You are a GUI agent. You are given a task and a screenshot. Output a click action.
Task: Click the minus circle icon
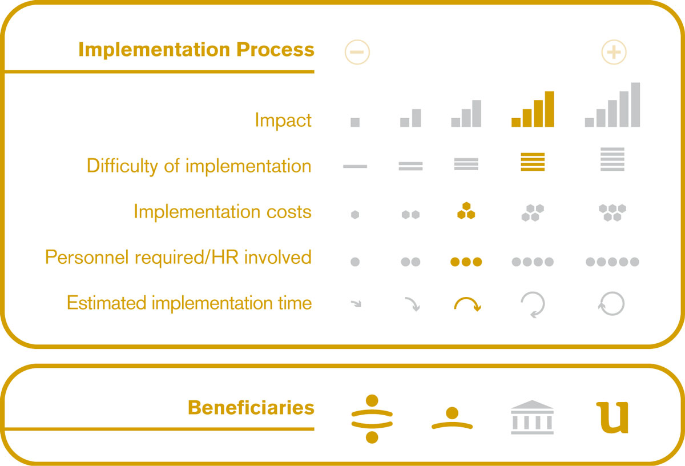click(357, 52)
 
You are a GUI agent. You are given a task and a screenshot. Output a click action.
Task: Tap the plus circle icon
click(614, 52)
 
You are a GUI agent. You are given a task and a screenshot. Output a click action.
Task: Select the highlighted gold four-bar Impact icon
click(533, 109)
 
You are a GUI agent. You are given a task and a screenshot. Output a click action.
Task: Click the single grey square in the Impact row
click(355, 122)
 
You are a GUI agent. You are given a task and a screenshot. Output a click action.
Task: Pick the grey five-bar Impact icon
click(612, 105)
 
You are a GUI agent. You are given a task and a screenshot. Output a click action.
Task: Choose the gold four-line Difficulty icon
click(533, 162)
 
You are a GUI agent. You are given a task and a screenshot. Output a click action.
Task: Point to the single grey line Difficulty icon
click(355, 166)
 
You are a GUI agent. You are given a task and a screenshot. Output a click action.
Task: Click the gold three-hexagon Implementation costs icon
click(466, 211)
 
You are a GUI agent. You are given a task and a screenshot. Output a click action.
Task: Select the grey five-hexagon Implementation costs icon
click(612, 212)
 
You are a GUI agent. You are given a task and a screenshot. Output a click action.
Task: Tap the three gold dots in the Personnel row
click(466, 262)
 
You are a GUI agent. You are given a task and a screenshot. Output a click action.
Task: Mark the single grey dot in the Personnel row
click(355, 262)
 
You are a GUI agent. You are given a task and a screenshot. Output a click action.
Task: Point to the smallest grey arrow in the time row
click(356, 304)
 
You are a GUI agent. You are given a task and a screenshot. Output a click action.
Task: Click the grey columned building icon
click(532, 417)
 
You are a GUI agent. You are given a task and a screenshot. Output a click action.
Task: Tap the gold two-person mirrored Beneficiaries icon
click(372, 419)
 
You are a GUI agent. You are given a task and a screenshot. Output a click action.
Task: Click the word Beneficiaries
click(251, 408)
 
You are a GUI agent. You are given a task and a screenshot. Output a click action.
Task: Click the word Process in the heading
click(275, 50)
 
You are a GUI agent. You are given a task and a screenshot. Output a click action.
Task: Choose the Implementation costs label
click(223, 211)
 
